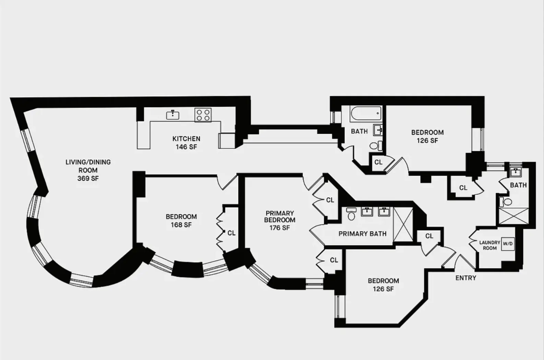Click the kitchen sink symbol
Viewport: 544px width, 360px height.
point(173,115)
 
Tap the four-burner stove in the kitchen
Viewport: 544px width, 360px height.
point(203,115)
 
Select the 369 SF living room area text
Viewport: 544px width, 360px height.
point(88,178)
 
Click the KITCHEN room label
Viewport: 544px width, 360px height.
point(186,139)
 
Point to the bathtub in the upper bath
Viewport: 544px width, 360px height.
point(366,113)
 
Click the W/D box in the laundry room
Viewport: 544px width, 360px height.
point(508,244)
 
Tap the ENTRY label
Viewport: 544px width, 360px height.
point(465,278)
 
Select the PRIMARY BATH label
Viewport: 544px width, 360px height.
point(362,233)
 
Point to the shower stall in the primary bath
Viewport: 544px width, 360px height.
point(403,225)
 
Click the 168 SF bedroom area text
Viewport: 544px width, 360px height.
point(181,225)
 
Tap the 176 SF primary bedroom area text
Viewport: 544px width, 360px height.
point(280,228)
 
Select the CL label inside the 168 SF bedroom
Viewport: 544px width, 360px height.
point(231,233)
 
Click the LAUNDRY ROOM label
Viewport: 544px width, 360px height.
point(489,245)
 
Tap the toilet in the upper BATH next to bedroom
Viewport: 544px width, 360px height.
point(374,145)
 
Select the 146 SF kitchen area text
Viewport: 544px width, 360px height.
point(186,147)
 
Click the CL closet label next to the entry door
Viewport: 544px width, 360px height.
point(429,236)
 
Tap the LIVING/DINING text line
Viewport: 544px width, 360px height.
point(88,162)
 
